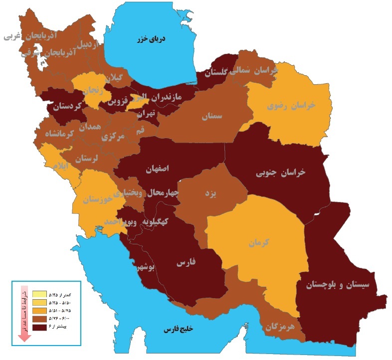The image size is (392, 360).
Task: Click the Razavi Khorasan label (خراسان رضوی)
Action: pos(292,105)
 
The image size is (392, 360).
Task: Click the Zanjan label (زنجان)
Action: pos(93,90)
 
